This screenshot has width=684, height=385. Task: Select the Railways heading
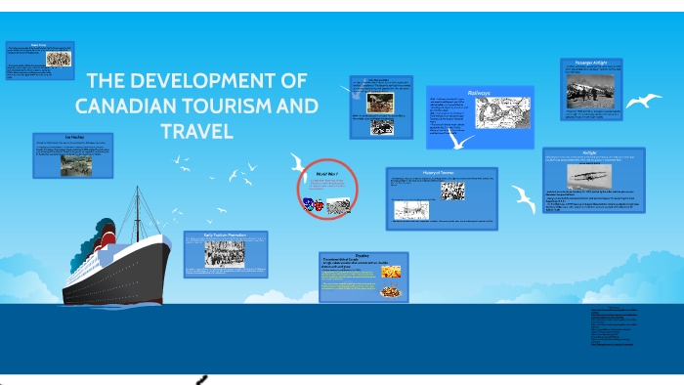pos(479,93)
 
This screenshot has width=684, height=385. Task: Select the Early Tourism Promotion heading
pos(226,235)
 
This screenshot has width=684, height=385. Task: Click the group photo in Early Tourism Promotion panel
pos(224,252)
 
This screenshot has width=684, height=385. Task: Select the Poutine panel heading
pos(362,255)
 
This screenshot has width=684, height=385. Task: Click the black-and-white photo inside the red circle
pos(338,205)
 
